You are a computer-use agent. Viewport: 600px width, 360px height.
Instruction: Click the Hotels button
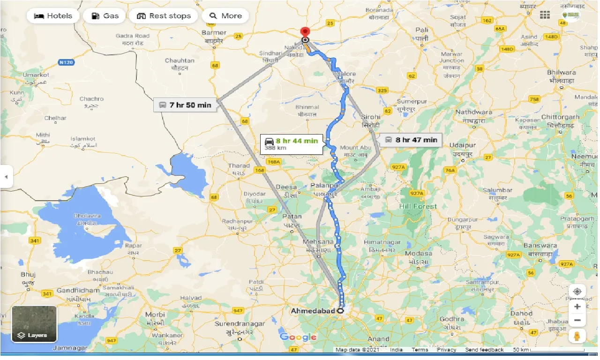[x=52, y=16]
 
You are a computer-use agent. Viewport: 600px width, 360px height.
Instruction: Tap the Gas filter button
[x=105, y=16]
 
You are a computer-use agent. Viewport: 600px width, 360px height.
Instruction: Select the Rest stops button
[x=164, y=16]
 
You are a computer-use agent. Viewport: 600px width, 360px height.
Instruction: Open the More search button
[x=225, y=16]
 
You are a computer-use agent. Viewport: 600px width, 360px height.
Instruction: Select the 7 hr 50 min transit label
[x=185, y=105]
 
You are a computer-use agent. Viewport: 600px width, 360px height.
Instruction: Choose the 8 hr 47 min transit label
[x=411, y=140]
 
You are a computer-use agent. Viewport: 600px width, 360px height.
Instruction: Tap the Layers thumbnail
[x=34, y=323]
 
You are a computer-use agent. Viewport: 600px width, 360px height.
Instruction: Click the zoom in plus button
[x=577, y=307]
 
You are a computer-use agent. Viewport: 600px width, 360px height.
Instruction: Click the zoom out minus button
[x=577, y=321]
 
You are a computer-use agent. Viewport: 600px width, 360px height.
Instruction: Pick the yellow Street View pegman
[x=577, y=337]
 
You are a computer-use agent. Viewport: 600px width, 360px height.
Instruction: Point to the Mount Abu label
[x=355, y=148]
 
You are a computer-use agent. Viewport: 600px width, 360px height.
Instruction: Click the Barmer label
[x=214, y=33]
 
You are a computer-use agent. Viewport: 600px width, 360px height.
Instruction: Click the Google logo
[x=298, y=337]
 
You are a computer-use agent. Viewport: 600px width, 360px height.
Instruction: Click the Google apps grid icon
[x=545, y=15]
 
